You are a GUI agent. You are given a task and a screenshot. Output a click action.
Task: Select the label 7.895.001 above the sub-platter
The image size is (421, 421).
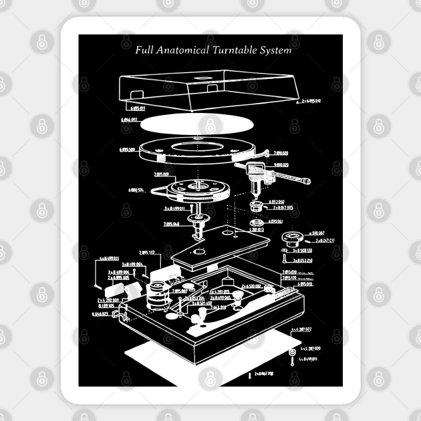[x=162, y=174]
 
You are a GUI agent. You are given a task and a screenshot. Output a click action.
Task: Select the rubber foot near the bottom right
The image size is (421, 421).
[x=291, y=352]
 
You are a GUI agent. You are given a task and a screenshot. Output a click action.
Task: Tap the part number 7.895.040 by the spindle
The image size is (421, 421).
[x=171, y=225]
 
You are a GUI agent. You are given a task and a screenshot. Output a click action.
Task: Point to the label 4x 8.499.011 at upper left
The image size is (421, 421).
[x=109, y=257]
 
